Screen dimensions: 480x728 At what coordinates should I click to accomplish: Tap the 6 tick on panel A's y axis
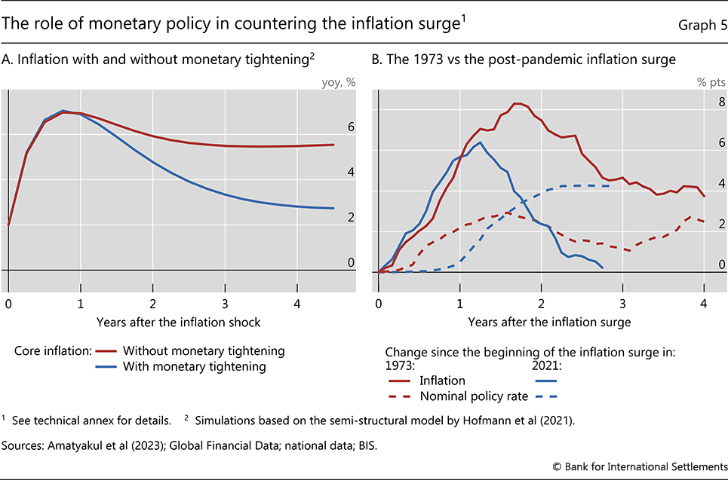(x=351, y=127)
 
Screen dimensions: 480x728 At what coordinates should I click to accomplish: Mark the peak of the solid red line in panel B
(x=517, y=103)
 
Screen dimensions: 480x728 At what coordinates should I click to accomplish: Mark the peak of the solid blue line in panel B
(x=480, y=142)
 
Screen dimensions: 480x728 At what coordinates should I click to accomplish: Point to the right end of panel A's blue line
(x=333, y=208)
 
